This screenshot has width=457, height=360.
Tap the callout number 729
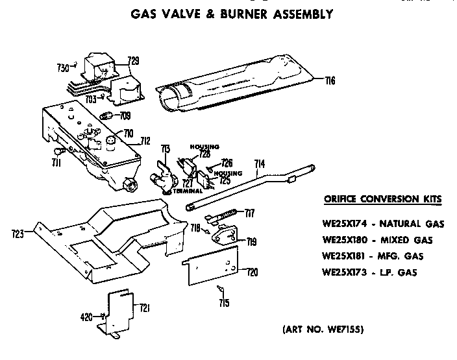tap(133, 62)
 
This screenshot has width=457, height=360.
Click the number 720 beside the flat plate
tap(251, 272)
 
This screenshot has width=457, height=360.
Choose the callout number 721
tap(145, 308)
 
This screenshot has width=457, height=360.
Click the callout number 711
tap(56, 163)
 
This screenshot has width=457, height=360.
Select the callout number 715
tap(223, 302)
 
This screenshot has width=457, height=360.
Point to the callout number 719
tap(251, 242)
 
